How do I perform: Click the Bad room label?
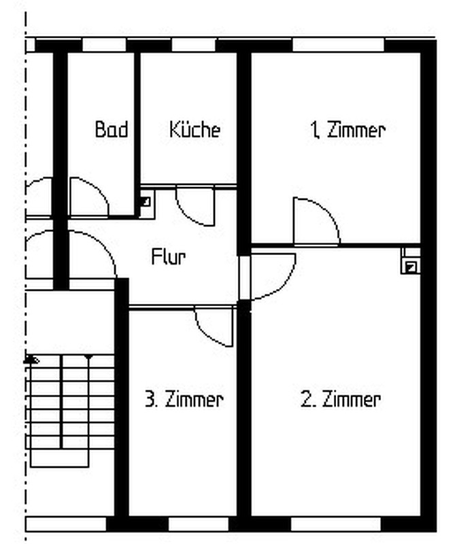pos(112,129)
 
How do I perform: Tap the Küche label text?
pos(195,129)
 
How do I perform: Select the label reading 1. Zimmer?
pos(348,130)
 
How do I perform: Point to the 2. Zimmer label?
pos(341,399)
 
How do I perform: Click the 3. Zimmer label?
pos(184,399)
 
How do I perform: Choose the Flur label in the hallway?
pos(169,257)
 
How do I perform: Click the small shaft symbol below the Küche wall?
pos(145,201)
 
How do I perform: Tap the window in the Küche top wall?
pos(194,45)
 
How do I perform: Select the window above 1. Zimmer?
pos(339,45)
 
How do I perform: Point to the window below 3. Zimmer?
pos(199,524)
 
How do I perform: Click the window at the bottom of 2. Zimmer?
pos(335,524)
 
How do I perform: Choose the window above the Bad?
pos(104,45)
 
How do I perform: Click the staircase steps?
pos(71,410)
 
